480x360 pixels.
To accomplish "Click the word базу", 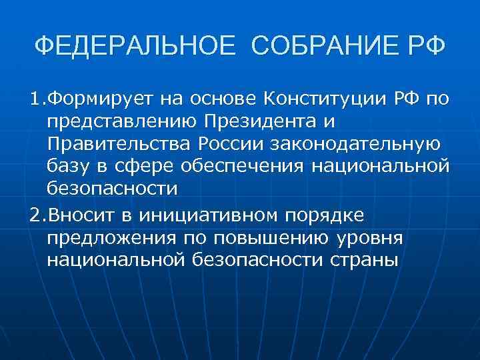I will [x=67, y=167].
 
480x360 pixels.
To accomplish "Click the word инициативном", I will [x=208, y=215].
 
